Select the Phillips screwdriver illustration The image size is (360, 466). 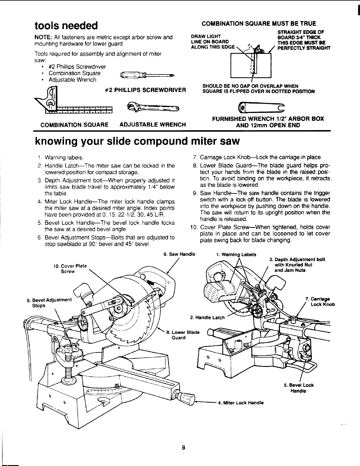pyautogui.click(x=147, y=75)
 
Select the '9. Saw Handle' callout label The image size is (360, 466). pyautogui.click(x=179, y=254)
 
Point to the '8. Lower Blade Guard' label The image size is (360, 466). pyautogui.click(x=183, y=335)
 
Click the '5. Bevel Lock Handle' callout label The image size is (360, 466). pyautogui.click(x=299, y=388)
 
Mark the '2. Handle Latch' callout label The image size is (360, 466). pyautogui.click(x=207, y=318)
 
